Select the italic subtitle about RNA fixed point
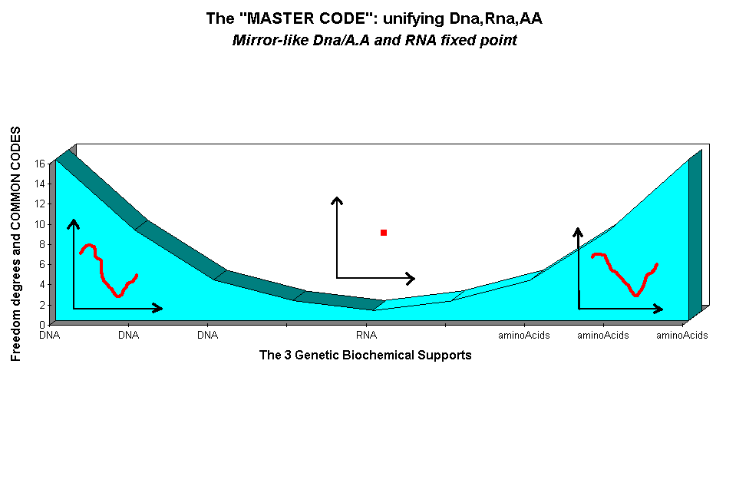tap(374, 41)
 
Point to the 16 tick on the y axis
tap(40, 164)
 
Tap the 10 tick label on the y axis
tap(40, 224)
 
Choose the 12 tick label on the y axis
tap(40, 204)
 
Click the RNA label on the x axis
tap(366, 336)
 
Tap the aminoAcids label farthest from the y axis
tap(682, 336)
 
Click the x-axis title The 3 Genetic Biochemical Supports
tap(365, 355)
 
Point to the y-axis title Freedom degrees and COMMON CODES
tap(16, 243)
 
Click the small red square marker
tap(384, 233)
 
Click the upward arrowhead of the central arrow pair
tap(336, 200)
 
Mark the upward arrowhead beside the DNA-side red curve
tap(74, 223)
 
